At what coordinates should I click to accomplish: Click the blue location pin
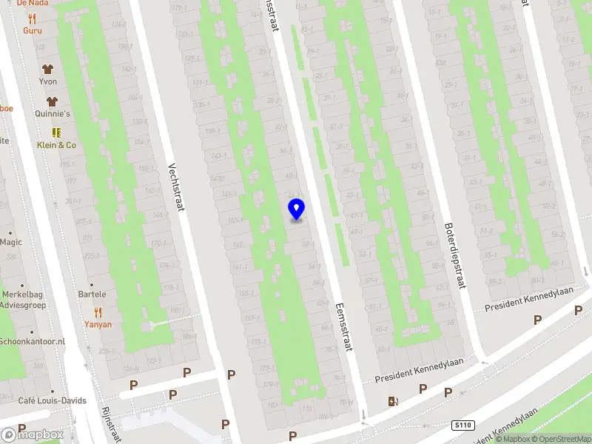[296, 209]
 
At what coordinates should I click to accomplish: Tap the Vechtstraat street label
[175, 187]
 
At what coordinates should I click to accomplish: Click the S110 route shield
[462, 425]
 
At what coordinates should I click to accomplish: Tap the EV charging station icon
[393, 402]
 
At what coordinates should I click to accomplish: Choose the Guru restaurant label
[33, 30]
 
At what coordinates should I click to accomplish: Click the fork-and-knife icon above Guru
[33, 18]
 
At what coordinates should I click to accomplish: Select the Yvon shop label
[48, 81]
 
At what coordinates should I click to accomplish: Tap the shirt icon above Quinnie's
[52, 101]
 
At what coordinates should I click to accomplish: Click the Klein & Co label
[56, 145]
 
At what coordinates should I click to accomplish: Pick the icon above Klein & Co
[56, 132]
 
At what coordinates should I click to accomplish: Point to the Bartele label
[92, 295]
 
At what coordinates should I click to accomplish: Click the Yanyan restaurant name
[98, 324]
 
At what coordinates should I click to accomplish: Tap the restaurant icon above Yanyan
[98, 312]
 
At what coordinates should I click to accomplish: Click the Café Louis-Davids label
[52, 401]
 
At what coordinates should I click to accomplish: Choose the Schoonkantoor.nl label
[33, 341]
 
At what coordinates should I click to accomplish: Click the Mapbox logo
[33, 434]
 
